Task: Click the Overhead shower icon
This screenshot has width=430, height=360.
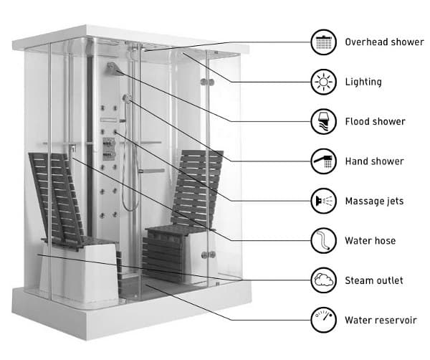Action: [x=322, y=42]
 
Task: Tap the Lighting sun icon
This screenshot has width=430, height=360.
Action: [x=322, y=81]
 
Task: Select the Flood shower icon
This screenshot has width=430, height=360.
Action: [x=322, y=120]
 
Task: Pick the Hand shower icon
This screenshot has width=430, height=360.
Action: [x=322, y=161]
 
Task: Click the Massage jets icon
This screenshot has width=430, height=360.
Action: [x=322, y=200]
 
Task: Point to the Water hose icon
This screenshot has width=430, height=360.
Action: [x=322, y=240]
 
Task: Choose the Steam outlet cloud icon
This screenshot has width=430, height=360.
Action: [x=322, y=280]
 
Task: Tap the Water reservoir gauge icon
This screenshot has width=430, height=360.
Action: [x=322, y=319]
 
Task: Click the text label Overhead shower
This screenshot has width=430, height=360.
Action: [x=384, y=42]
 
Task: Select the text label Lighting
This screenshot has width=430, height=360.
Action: [x=363, y=82]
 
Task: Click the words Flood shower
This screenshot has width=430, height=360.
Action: [x=375, y=121]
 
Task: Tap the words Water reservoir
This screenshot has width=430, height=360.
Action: [x=381, y=320]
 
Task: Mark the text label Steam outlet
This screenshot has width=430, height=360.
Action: [x=373, y=280]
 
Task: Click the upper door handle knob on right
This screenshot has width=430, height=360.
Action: [x=207, y=84]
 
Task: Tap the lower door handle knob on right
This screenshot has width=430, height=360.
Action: [x=207, y=254]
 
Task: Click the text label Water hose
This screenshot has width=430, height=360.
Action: [x=370, y=240]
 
